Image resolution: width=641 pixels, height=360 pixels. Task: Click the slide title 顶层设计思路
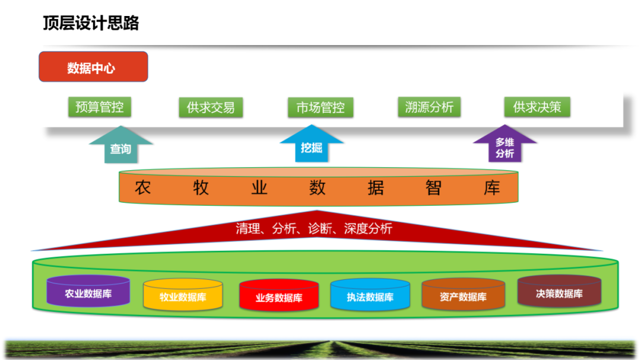pos(90,23)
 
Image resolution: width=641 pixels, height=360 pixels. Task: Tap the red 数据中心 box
pos(93,67)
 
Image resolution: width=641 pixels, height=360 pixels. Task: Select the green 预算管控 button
pos(100,107)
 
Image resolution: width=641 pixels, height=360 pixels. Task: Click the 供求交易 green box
pos(211,107)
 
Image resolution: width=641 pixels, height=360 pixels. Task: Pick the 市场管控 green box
pos(320,107)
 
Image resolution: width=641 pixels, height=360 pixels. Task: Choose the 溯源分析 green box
pos(429,107)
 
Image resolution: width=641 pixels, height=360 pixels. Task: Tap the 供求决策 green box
pos(537,107)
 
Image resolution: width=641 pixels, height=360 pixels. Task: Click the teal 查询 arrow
pos(120,146)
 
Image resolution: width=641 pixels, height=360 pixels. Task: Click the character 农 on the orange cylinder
pos(142,188)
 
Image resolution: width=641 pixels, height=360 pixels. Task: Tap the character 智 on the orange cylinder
pos(433,188)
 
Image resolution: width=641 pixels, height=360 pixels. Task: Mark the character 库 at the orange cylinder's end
pos(491,188)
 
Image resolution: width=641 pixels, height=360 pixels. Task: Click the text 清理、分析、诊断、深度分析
pos(314,228)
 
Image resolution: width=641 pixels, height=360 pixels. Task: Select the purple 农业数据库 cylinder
pos(88,292)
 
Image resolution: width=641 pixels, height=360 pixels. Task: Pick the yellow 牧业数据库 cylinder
pos(183,296)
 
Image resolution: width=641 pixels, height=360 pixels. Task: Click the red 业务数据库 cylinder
pos(278,297)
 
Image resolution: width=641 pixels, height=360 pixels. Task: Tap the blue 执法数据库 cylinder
pos(370,296)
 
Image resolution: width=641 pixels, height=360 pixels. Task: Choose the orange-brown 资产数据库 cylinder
pos(463,296)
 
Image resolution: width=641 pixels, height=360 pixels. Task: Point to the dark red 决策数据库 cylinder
pos(559,292)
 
